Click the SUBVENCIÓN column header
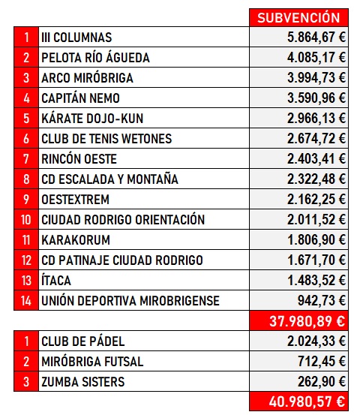pyautogui.click(x=298, y=17)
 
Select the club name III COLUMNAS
pyautogui.click(x=77, y=38)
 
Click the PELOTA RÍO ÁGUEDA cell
pyautogui.click(x=96, y=58)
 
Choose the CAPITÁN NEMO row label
pyautogui.click(x=81, y=98)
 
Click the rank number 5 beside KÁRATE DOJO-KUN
pyautogui.click(x=26, y=119)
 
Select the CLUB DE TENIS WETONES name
pyautogui.click(x=107, y=139)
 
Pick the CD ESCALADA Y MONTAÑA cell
pyautogui.click(x=110, y=179)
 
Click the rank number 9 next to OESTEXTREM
pyautogui.click(x=26, y=200)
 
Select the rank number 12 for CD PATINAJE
pyautogui.click(x=26, y=260)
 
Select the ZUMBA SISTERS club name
pyautogui.click(x=84, y=382)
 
